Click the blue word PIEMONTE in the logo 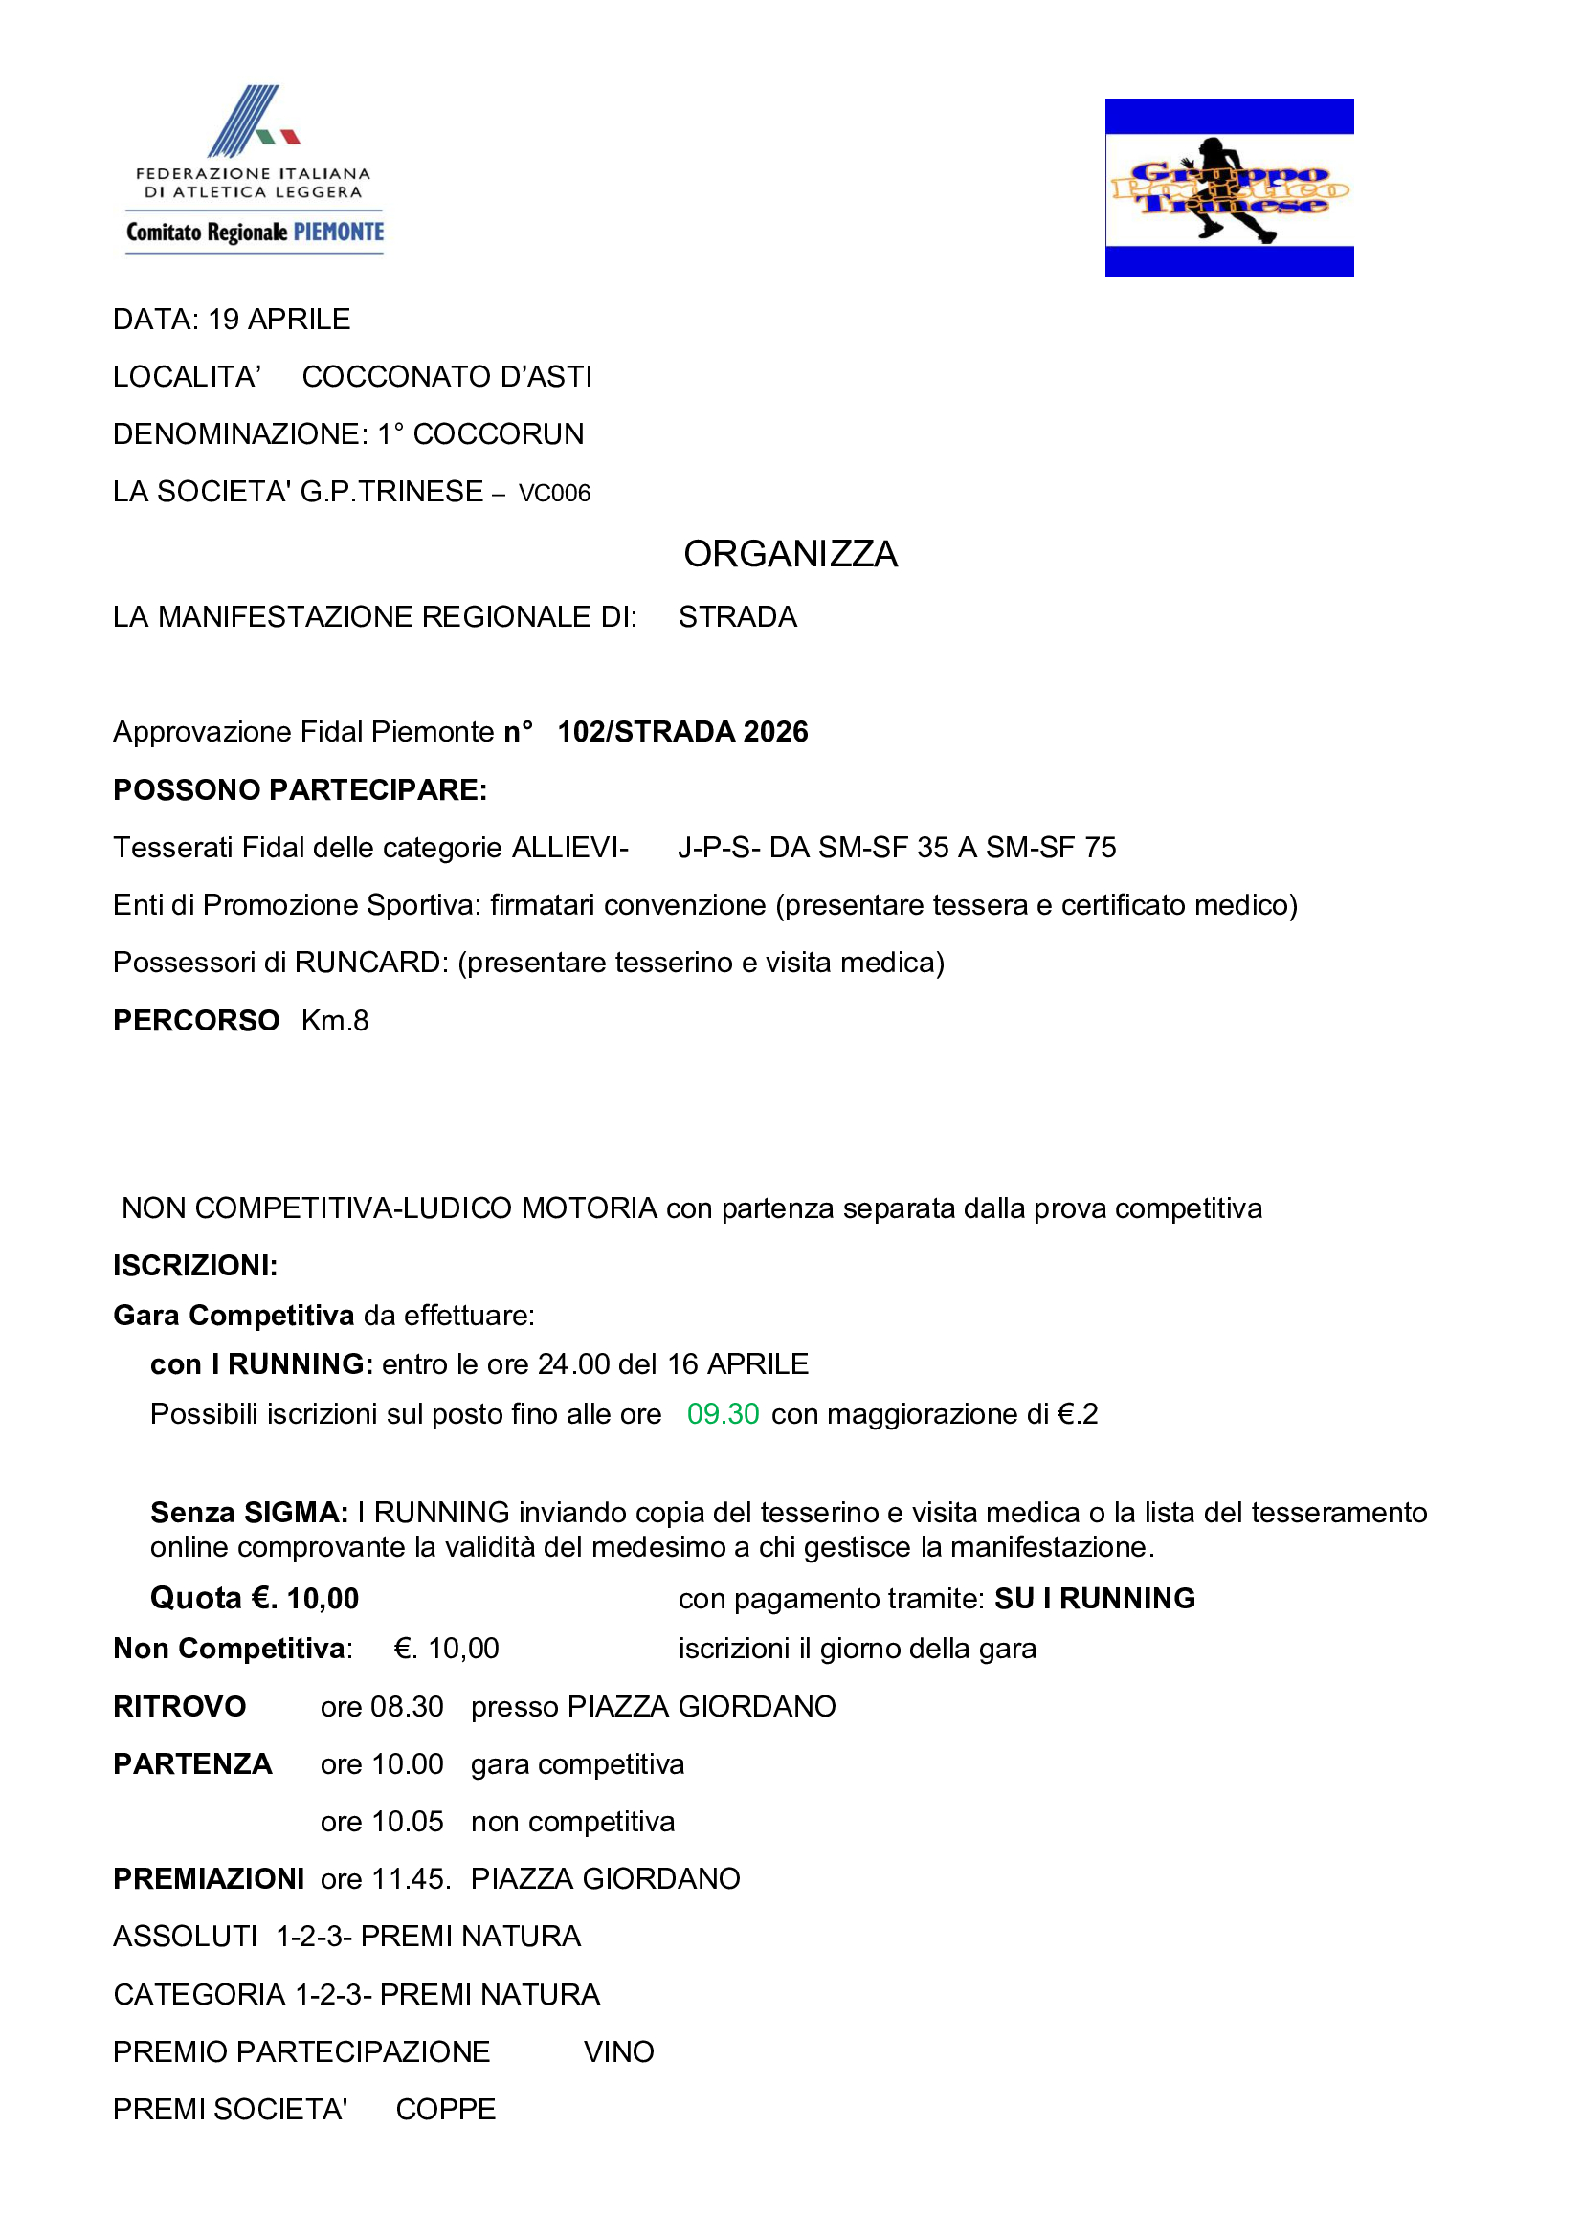tap(338, 232)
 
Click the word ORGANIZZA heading tap(790, 554)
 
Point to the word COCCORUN tap(498, 433)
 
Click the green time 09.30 tap(723, 1413)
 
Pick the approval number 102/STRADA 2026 tap(682, 732)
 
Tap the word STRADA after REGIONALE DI tap(737, 617)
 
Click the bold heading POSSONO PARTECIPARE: tap(300, 789)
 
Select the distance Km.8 tap(334, 1021)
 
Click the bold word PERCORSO tap(196, 1021)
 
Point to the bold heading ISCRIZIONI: tap(195, 1265)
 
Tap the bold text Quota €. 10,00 tap(255, 1599)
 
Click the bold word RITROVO tap(179, 1707)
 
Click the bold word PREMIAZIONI tap(209, 1879)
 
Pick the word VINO tap(618, 2051)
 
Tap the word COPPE tap(445, 2110)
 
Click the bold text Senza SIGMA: tap(249, 1513)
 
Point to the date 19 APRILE tap(279, 320)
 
